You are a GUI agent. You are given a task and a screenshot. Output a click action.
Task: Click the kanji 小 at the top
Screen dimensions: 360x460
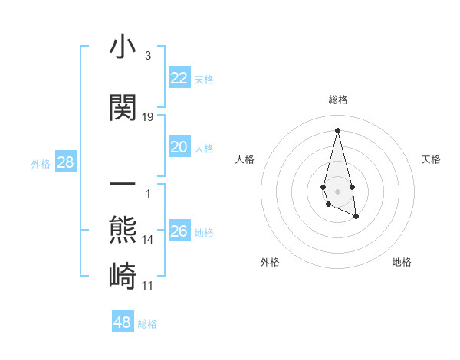123,48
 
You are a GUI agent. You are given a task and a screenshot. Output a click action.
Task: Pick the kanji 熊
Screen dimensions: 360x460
123,230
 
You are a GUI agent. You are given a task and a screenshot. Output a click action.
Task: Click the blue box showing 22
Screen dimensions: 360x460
179,78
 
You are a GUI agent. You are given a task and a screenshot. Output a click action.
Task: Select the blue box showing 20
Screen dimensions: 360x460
179,148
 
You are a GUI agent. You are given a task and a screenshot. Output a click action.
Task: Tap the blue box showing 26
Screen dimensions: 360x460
179,232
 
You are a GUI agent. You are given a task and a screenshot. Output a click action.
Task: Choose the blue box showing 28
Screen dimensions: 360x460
65,162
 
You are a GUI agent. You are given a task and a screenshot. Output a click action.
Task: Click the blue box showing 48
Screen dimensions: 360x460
123,322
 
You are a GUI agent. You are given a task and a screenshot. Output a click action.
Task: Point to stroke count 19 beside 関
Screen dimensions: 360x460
148,117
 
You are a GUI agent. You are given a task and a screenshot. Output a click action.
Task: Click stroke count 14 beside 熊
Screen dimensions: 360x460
148,240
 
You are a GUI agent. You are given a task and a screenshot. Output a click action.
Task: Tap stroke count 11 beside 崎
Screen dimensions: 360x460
148,286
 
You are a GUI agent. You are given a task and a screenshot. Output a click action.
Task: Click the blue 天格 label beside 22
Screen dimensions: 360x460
204,80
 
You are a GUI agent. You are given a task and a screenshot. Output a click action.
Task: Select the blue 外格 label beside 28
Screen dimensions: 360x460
41,163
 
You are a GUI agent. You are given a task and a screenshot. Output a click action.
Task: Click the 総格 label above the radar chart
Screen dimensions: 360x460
338,100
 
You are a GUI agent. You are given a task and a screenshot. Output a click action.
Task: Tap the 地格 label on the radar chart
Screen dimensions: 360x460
402,263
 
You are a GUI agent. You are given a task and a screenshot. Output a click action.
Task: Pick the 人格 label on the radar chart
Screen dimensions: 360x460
245,159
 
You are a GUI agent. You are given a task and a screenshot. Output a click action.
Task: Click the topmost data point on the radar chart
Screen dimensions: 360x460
337,129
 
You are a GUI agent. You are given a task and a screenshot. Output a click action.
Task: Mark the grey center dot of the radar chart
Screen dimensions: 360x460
337,190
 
